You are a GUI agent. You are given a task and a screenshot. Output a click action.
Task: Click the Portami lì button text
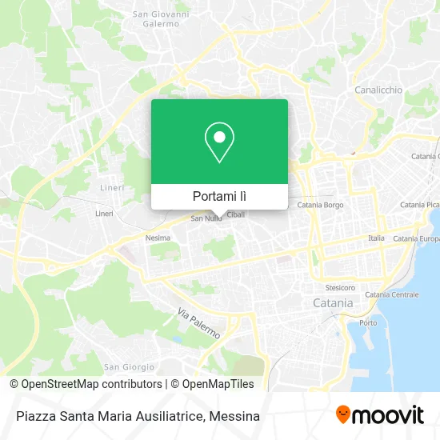220,196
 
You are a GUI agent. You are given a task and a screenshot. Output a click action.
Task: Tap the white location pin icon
220,143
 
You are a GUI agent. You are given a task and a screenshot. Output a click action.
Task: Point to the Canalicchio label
378,90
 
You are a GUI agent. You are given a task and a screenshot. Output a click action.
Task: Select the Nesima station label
158,238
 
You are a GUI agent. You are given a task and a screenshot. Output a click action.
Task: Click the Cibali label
236,214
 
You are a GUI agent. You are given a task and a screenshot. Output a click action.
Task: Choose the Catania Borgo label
320,206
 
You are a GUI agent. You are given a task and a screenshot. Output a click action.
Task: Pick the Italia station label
376,238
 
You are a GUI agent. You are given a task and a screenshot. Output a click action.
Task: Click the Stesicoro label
340,286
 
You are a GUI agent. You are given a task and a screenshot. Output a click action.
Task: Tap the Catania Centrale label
392,294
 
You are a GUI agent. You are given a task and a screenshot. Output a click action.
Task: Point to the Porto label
368,322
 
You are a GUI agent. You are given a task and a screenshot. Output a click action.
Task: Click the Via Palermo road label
197,323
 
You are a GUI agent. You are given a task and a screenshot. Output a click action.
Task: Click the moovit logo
379,415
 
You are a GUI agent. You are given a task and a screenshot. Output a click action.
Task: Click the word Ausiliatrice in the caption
174,416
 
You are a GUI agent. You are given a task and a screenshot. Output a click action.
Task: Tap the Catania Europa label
416,238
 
